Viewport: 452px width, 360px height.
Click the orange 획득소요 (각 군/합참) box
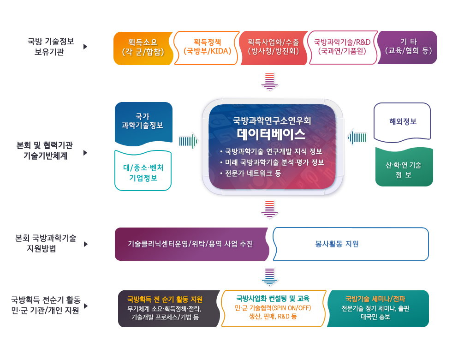pos(143,48)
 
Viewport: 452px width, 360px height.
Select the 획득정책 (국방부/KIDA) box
pos(207,48)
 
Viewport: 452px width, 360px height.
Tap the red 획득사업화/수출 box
pos(273,48)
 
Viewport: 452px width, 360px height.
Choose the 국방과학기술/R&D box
pos(342,48)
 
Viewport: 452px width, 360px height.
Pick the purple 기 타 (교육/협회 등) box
pos(408,48)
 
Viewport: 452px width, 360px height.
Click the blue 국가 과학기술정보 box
pos(143,123)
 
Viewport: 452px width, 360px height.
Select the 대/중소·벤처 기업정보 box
pos(143,171)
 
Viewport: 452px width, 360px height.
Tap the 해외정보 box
pos(402,122)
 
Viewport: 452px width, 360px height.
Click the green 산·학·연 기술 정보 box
pos(404,167)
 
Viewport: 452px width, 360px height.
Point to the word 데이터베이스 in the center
pos(271,134)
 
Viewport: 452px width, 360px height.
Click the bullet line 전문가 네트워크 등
pos(253,174)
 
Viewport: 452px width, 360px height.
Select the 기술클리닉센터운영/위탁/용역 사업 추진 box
pos(191,244)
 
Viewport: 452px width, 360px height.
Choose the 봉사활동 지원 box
pos(351,244)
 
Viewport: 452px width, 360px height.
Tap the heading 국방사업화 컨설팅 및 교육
pos(273,298)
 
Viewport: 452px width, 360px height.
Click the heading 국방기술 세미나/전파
pos(375,299)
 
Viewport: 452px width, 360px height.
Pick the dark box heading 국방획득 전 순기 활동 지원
pos(165,300)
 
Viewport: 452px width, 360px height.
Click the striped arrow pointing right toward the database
pos(189,141)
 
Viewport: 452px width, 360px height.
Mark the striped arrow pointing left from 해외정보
pos(357,138)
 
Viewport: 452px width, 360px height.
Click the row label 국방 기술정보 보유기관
pos(50,47)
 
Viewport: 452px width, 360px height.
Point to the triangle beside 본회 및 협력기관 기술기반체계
pos(85,153)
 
